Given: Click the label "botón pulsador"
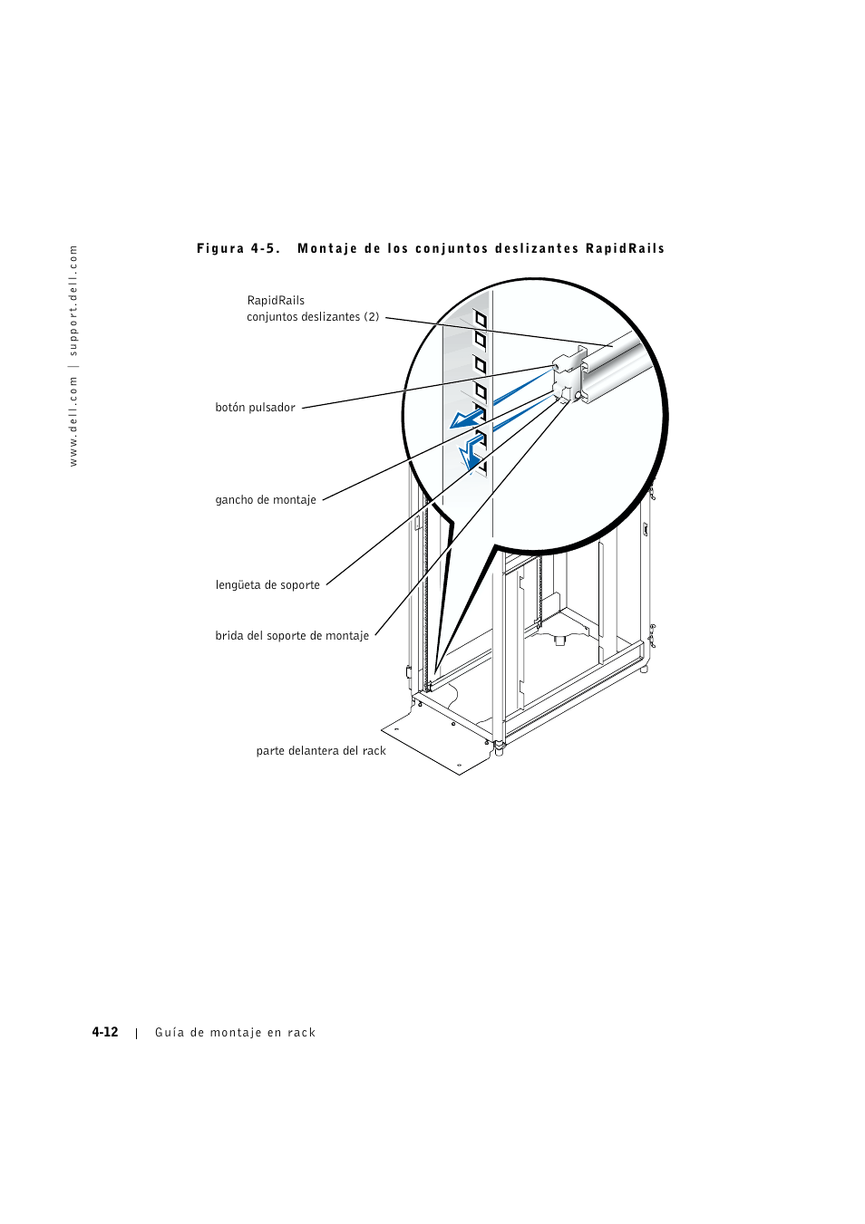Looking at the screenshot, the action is coord(255,408).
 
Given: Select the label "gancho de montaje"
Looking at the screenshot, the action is coord(266,500).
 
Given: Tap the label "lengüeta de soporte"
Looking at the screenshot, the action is coord(267,585).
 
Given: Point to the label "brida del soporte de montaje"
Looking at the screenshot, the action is coord(292,636).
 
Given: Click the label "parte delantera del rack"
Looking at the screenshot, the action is coord(321,751).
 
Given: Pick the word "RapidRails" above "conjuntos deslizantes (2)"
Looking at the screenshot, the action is coord(276,301).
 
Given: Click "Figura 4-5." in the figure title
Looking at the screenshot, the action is coord(238,249).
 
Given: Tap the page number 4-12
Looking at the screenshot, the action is coord(105,1033).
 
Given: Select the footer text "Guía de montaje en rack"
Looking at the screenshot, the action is coord(236,1033).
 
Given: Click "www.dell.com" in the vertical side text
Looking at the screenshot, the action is coord(74,422).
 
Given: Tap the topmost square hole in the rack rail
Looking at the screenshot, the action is coord(481,319).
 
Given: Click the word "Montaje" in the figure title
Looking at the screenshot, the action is coord(327,249).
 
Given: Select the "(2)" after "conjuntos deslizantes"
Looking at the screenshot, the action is coord(372,317).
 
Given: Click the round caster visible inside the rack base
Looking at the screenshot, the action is coord(559,641).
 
